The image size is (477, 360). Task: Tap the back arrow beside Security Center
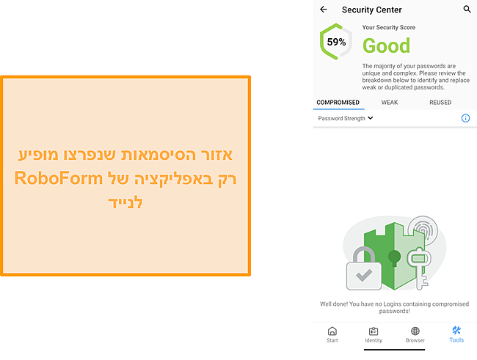point(324,10)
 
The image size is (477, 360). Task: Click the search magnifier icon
point(467,10)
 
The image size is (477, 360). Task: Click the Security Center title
point(371,10)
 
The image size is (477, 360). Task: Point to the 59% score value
point(336,43)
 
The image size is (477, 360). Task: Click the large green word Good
point(386,46)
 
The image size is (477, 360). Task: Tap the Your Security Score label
point(388,28)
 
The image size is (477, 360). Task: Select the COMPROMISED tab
point(338,103)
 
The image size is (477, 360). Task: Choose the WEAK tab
point(390,103)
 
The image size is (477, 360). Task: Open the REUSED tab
point(440,103)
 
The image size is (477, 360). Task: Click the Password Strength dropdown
point(346,118)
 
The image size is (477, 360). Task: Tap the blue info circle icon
point(465,118)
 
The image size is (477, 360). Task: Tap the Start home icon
point(332,334)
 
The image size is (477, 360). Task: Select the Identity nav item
point(373,334)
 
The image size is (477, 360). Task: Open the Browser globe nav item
point(415,334)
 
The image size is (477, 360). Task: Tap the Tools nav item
point(456,334)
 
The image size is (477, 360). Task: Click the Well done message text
point(394,306)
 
